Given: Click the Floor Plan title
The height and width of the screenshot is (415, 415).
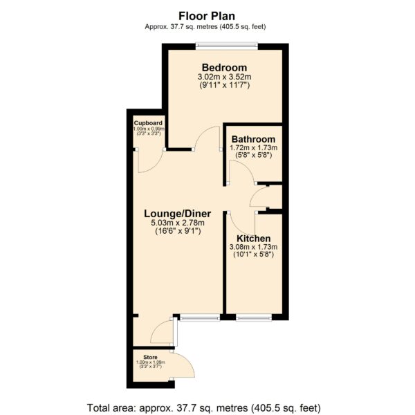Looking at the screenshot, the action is pos(207,16).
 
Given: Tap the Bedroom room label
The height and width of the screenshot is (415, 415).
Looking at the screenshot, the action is pos(224,68).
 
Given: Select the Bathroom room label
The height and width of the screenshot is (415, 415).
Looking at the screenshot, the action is pos(253,139).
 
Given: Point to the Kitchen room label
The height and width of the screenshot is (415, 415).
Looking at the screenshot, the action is pos(254,239).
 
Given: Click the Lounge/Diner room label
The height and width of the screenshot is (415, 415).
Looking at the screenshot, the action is pos(177,214).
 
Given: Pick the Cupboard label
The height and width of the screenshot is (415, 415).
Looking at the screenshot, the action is pos(148,123).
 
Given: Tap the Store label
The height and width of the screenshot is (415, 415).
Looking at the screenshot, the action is pos(150,358).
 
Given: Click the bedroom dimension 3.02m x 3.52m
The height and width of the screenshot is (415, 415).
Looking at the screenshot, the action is pos(224,77).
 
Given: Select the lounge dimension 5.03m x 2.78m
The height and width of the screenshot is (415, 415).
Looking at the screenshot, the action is pos(178,223).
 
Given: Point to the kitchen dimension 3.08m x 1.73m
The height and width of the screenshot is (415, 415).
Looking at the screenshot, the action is pos(253,247).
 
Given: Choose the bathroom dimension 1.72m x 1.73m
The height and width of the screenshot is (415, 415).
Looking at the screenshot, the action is pos(254,148).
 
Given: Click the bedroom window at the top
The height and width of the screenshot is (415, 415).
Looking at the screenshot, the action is pos(227,46).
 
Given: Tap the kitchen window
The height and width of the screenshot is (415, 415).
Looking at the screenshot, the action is pos(254,317).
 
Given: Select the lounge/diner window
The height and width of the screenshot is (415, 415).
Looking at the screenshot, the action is pos(200,317).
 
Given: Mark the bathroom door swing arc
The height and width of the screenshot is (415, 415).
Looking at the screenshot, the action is pos(246,167).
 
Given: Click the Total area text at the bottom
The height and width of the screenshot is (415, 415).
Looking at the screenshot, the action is pos(204,408).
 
